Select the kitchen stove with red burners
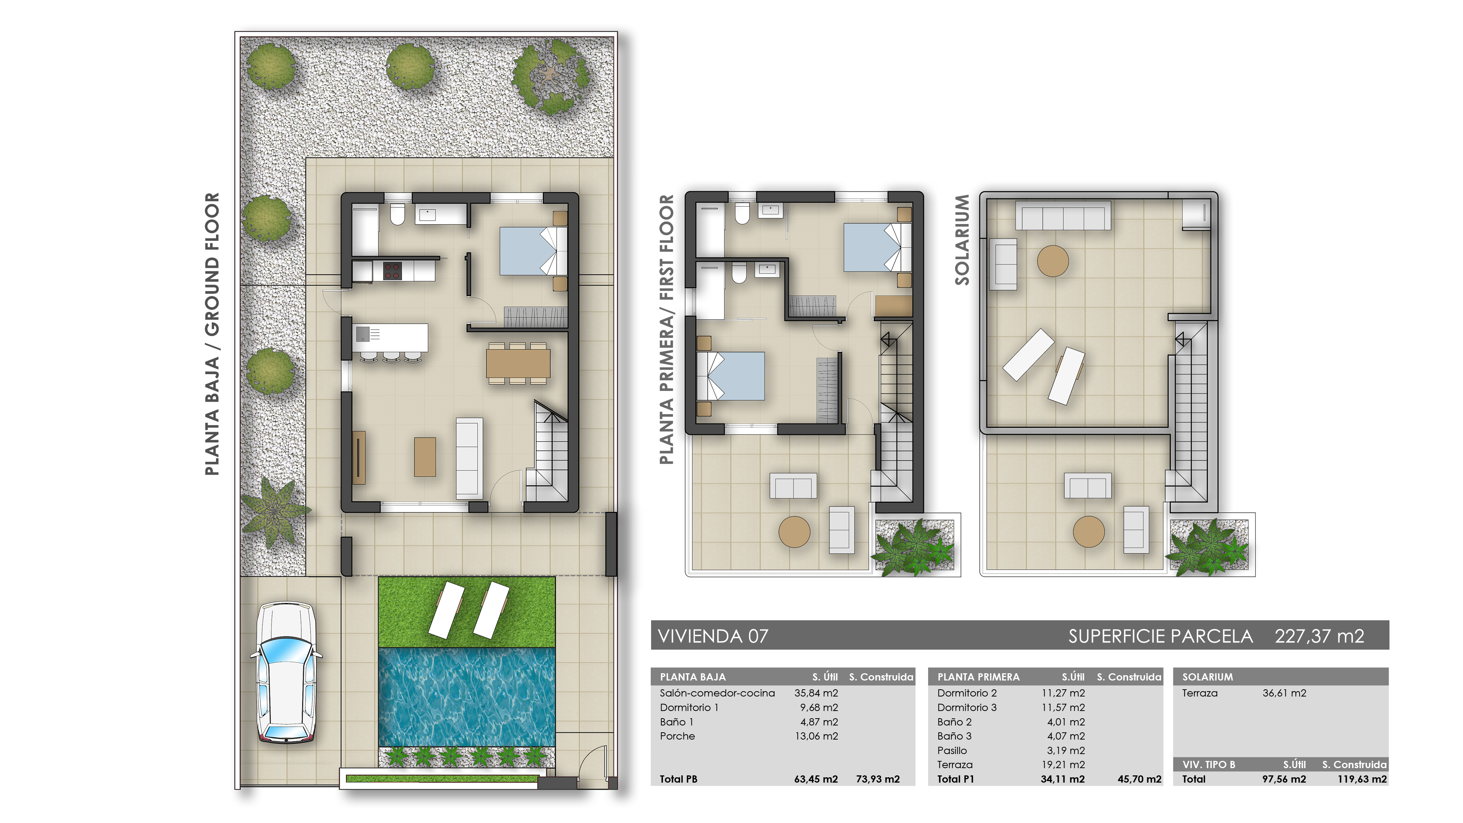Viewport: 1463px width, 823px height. pos(392,271)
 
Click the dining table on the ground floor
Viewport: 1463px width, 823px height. pos(518,363)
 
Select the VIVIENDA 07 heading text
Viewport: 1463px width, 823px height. pos(713,636)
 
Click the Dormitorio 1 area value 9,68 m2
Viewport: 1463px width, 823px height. pos(818,707)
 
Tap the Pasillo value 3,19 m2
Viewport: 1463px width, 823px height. pos(1066,750)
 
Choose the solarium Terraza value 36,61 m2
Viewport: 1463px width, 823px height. pos(1284,693)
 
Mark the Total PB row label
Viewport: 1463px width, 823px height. pos(678,779)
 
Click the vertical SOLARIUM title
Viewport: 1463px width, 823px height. pos(962,239)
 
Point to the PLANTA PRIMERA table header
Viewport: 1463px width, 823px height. pos(978,676)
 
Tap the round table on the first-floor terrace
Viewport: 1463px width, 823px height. pos(794,532)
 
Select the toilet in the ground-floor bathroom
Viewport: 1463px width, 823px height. pos(397,215)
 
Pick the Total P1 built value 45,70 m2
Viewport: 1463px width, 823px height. pos(1139,779)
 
